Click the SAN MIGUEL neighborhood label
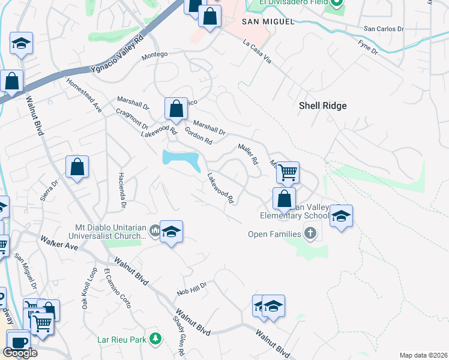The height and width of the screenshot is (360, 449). [x=268, y=22]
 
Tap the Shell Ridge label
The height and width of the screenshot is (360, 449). [x=323, y=106]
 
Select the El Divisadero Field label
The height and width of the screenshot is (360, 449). [x=294, y=3]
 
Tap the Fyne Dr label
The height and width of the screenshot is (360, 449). [x=367, y=47]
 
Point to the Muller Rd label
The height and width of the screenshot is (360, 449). [x=247, y=154]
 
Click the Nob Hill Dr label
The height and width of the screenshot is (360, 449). [x=191, y=289]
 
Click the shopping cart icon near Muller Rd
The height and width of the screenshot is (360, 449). [x=288, y=172]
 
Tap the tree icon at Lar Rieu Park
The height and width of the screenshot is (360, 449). [x=156, y=339]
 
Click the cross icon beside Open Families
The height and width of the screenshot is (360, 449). [x=310, y=233]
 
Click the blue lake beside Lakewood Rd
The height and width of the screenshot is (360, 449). [x=181, y=160]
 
